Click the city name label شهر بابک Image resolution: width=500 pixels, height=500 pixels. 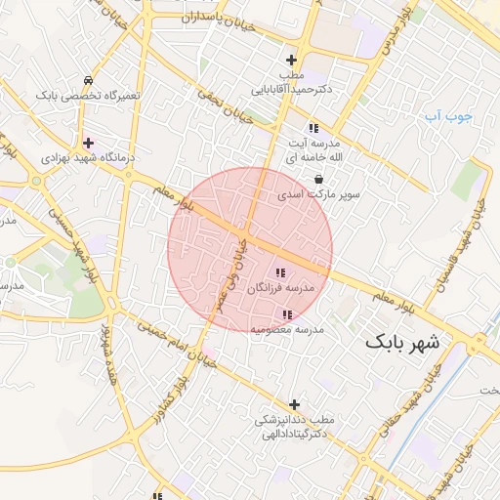[403, 343]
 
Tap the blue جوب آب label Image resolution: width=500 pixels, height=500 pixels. [447, 117]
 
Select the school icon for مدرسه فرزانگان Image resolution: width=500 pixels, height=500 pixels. [280, 273]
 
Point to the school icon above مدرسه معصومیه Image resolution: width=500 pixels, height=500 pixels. [287, 314]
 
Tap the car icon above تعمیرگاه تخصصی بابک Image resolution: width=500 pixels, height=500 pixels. [89, 80]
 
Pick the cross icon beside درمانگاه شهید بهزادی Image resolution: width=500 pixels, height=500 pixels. [88, 144]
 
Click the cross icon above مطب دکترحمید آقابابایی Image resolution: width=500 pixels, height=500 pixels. [291, 61]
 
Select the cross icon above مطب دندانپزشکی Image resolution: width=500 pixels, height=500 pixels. [294, 404]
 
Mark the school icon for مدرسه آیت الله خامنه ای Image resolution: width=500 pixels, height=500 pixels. [312, 128]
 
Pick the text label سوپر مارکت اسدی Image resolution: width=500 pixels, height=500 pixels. [318, 194]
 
